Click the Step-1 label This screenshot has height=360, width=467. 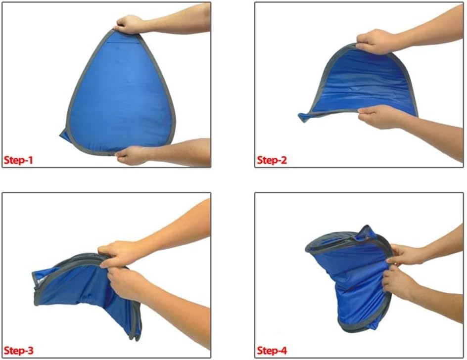point(18,160)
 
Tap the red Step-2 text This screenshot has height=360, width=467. point(272,160)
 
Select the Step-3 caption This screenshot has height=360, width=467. point(18,351)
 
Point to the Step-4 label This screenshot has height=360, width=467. point(272,351)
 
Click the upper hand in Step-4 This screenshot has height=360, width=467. point(405,255)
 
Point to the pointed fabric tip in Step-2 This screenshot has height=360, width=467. point(303,117)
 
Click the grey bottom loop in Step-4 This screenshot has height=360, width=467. point(357,327)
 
